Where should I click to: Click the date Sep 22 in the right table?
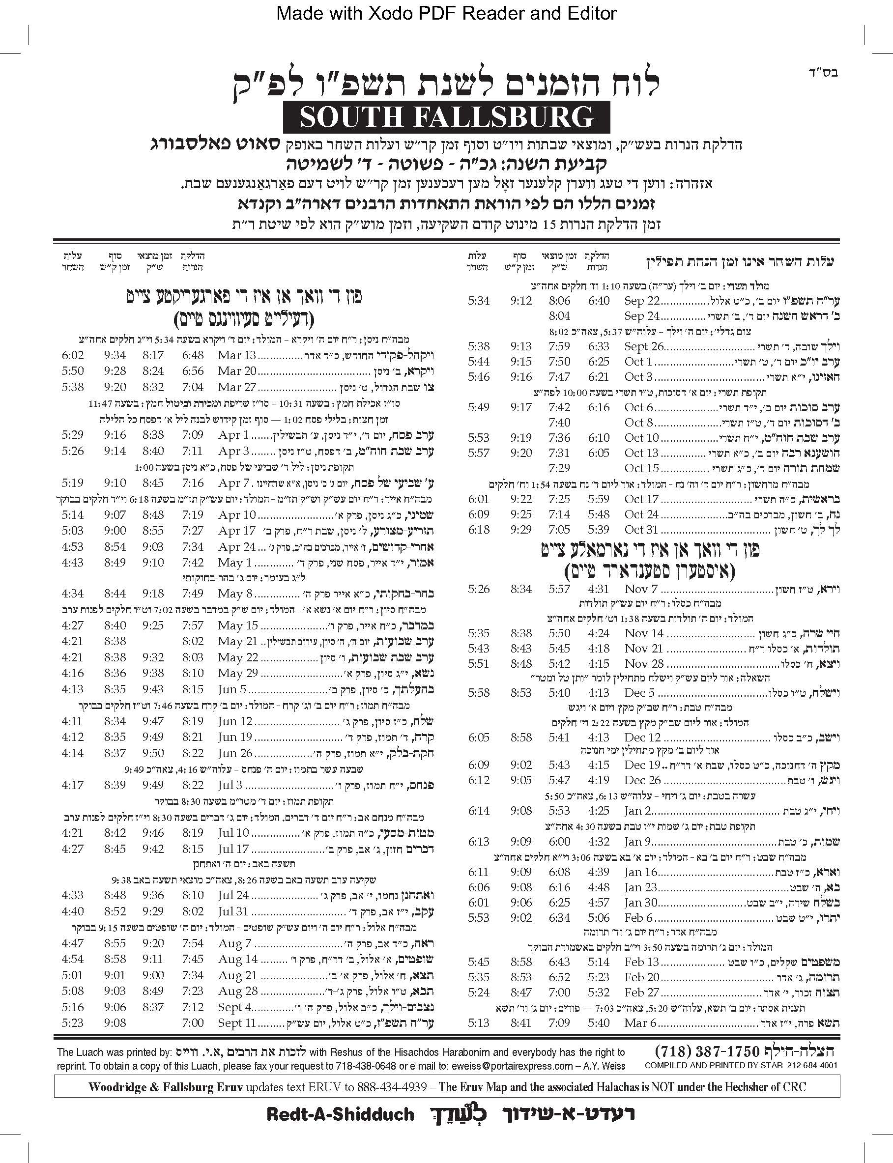641,301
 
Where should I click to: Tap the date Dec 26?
642,780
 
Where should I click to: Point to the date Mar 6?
640,1023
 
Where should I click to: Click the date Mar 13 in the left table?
236,355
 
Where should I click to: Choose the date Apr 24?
236,547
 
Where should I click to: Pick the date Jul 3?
230,785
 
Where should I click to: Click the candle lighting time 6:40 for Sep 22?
599,301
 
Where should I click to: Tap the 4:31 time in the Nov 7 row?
599,589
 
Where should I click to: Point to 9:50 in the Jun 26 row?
152,753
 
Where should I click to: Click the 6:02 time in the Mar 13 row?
72,355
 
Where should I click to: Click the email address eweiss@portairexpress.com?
512,1065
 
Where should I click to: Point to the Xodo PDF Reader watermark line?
446,13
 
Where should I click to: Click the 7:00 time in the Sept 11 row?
193,1023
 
